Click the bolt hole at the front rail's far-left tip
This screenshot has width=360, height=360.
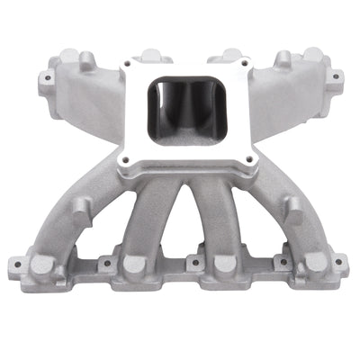(15, 265)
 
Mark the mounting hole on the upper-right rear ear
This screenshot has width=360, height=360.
(335, 76)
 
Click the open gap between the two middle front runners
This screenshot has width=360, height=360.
(180, 225)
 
